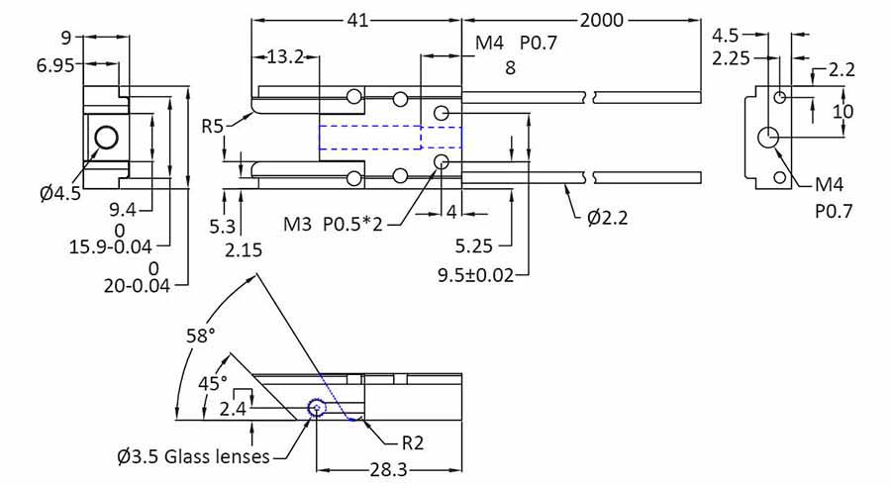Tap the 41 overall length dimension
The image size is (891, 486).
(x=357, y=20)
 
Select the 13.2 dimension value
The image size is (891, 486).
(x=286, y=57)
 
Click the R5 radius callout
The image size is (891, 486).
(x=213, y=126)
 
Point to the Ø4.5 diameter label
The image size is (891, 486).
(x=60, y=193)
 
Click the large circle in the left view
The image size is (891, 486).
(x=105, y=137)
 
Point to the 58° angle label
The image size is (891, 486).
(x=201, y=336)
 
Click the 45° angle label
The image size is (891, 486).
(x=214, y=381)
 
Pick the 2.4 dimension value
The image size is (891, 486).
(x=234, y=408)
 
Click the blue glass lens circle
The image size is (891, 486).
(x=317, y=407)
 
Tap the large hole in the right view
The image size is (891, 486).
(x=769, y=138)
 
